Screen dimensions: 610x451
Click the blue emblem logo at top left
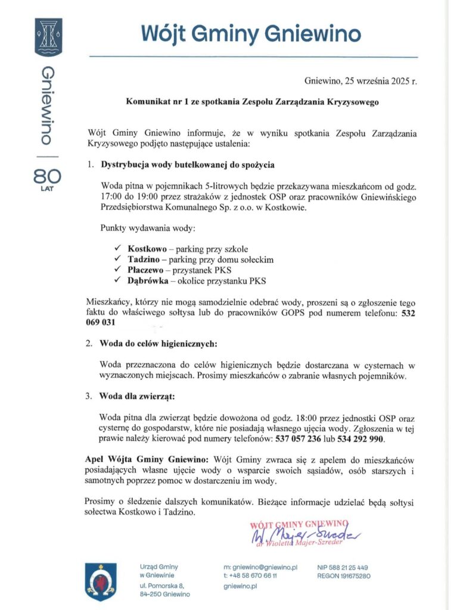[49, 37]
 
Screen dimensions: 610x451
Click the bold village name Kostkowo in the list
[147, 248]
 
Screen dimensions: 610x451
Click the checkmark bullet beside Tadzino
[117, 259]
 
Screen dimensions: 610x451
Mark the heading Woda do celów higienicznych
[158, 344]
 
